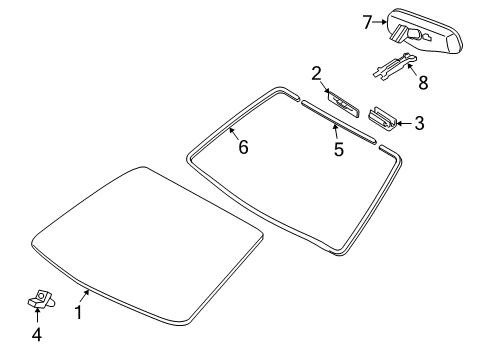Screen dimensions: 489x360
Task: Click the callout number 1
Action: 78,313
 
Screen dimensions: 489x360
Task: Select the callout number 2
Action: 316,74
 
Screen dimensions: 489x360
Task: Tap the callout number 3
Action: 419,123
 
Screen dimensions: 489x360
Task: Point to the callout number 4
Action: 37,335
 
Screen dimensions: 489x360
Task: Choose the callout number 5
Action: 339,149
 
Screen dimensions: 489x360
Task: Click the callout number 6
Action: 243,147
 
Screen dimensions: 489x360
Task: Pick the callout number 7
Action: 367,22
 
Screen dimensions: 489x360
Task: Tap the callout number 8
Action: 423,83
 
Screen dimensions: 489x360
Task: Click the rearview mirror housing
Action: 424,31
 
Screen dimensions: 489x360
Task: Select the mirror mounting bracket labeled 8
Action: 395,66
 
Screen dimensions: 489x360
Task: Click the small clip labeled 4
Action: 41,299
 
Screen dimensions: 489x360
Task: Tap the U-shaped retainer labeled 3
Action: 382,119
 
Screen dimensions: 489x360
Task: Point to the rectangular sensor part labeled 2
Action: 342,103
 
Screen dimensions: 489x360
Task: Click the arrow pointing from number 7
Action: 379,22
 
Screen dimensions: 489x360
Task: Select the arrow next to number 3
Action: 404,124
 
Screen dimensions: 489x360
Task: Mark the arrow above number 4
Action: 37,315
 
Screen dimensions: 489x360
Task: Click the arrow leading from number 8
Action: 412,70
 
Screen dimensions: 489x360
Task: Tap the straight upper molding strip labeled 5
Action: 339,122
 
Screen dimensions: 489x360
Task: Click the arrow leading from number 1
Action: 85,296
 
